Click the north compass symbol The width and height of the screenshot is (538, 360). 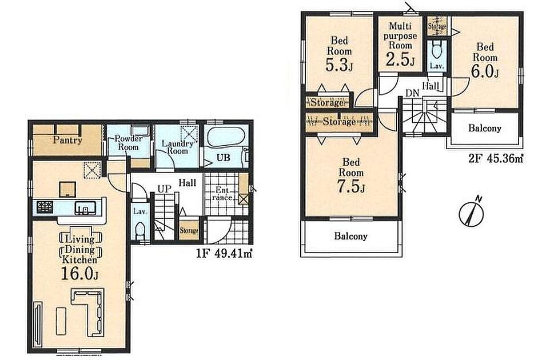471,212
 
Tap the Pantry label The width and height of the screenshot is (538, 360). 67,140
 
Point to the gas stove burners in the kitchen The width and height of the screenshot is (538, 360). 45,206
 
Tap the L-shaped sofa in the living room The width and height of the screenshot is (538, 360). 88,312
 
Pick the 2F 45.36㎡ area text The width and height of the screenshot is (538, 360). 496,158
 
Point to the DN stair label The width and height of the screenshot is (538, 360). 412,93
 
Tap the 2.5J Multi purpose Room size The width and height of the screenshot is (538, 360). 400,59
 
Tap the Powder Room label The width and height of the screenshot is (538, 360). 128,143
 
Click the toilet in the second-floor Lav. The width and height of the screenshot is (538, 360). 436,50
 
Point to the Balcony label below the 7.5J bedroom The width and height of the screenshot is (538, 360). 350,236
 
